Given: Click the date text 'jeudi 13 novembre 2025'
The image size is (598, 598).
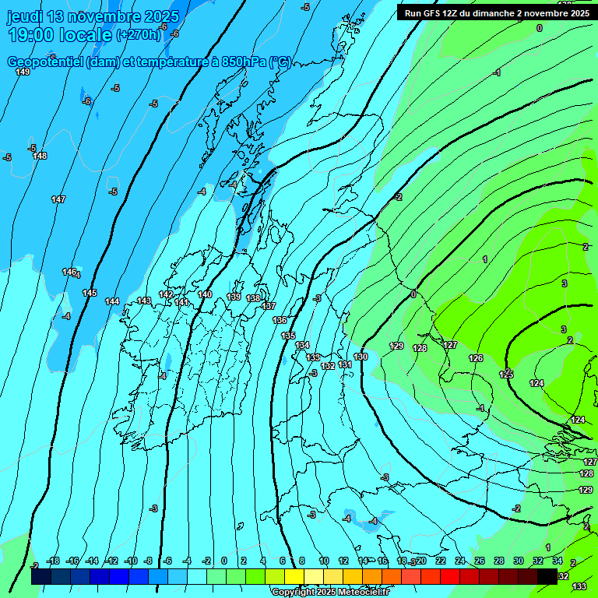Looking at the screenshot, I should point(93,16).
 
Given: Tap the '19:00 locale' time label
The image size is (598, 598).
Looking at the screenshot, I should point(59,34).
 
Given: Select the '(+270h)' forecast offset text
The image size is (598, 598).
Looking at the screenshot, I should point(138,34).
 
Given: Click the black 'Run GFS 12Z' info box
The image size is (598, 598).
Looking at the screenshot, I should point(496,12).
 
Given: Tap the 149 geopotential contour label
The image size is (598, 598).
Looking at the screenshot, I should point(23,72).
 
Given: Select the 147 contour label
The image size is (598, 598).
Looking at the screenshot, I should point(58,200).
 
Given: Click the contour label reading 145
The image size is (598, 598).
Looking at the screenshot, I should point(90,293).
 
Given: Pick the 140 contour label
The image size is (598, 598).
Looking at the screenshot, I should point(205,294).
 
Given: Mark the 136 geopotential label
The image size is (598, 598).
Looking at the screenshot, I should point(280,320).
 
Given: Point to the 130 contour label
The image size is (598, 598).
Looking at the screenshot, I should point(361,357).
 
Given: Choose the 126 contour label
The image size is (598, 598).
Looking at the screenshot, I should point(476,358).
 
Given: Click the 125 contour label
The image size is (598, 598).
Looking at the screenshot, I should point(506,375).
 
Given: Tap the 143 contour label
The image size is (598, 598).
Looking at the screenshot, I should point(144,301).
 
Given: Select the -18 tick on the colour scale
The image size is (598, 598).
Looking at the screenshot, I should point(54,561).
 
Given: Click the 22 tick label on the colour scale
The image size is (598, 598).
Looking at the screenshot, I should point(441,561).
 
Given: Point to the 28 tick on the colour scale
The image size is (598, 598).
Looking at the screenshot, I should point(498,561).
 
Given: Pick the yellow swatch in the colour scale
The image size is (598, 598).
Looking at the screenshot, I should point(294,577).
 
